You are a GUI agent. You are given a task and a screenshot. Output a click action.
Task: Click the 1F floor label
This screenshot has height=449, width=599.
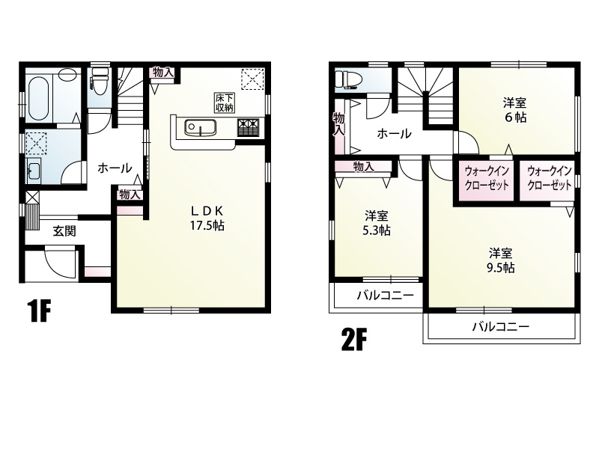(x=39, y=311)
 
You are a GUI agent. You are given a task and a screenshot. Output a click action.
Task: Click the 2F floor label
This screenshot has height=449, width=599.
(x=353, y=340)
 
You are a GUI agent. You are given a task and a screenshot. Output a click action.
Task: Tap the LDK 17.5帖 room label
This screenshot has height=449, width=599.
(x=207, y=219)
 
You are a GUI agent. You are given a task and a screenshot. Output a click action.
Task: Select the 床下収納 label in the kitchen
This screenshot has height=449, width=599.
(x=224, y=103)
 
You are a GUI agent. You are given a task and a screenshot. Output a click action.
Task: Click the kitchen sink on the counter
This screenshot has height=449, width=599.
(x=200, y=127)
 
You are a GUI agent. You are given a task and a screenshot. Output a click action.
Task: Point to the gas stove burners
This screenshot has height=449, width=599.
(x=249, y=127)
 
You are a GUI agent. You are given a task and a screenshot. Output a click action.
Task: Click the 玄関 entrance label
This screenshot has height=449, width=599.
(x=64, y=231)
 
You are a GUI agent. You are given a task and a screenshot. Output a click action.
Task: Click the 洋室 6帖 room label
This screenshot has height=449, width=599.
(x=514, y=110)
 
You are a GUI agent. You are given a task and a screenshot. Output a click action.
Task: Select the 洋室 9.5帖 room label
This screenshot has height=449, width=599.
(x=500, y=260)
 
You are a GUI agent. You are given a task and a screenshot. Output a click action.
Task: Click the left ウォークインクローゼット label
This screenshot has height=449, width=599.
(x=487, y=178)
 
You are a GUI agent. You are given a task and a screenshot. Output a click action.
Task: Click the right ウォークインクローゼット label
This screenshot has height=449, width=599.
(x=550, y=178)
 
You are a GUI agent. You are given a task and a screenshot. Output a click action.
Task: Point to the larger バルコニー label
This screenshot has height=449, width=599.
(x=501, y=326)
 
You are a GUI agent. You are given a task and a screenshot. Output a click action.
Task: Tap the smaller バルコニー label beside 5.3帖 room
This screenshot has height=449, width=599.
(x=386, y=296)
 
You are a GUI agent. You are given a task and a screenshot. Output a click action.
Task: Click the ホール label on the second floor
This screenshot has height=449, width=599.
(x=395, y=134)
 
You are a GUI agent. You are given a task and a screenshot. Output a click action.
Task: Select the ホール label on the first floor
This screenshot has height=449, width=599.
(x=115, y=168)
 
